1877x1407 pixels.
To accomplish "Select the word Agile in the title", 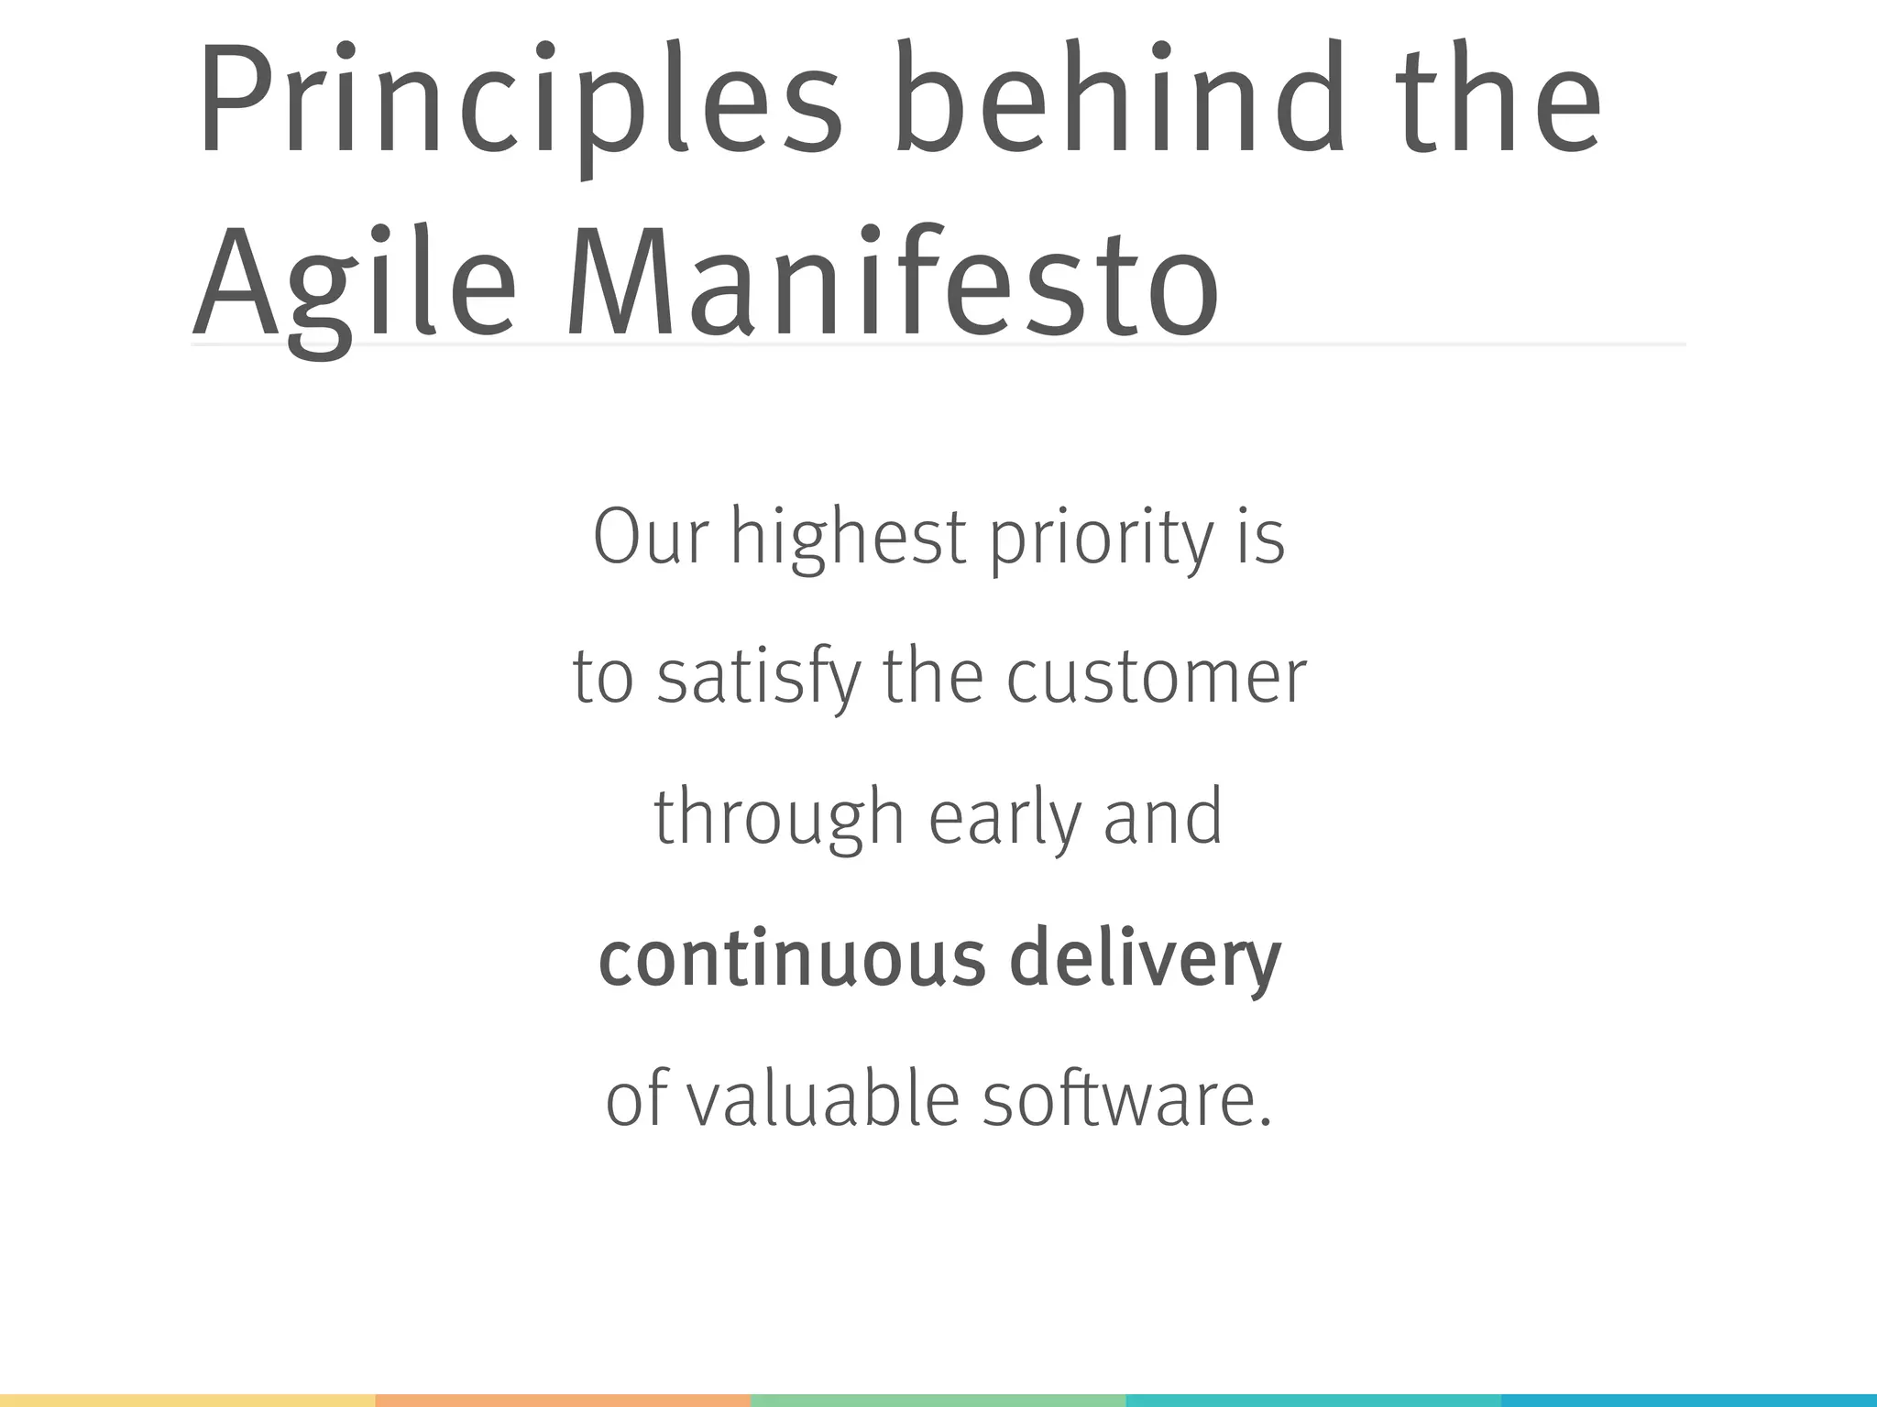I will [354, 284].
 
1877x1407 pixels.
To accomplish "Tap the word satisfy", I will [760, 679].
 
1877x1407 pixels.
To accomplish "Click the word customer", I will [1157, 679].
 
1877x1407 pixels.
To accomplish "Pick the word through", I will [779, 818].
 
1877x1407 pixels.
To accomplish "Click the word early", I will [1004, 818].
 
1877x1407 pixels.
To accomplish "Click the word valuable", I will [823, 1099].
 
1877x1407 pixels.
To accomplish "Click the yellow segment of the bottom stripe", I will [187, 1401].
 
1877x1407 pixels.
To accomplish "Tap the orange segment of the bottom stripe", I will [563, 1401].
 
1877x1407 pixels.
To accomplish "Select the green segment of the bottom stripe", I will [938, 1401].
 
